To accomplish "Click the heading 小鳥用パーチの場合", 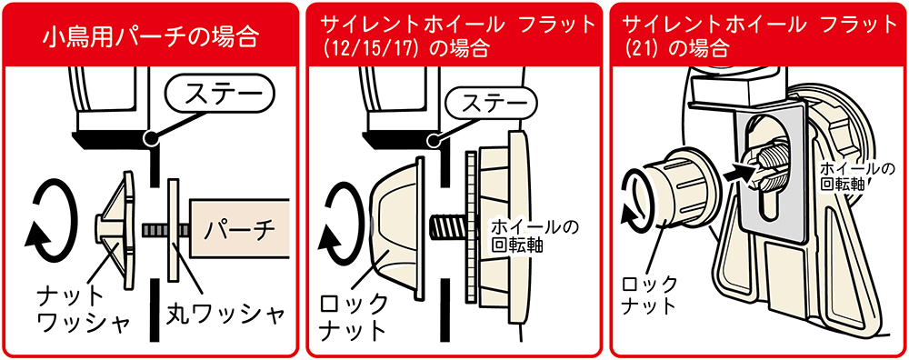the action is (x=150, y=37).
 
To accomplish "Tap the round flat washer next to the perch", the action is (x=173, y=230).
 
